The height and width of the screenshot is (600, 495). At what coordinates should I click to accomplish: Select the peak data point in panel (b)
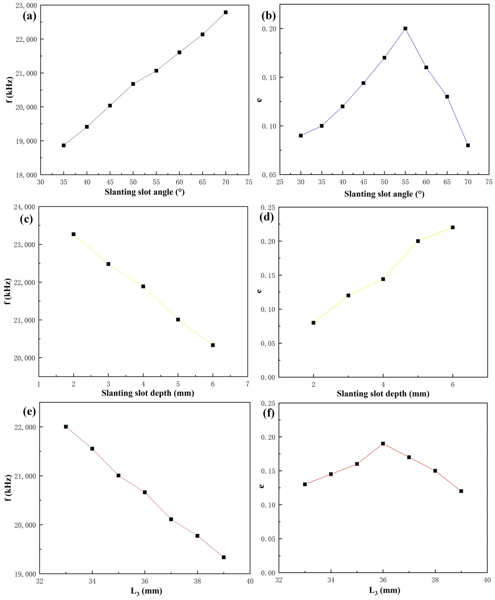coord(405,28)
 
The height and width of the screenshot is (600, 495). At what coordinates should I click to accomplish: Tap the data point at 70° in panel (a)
coord(225,12)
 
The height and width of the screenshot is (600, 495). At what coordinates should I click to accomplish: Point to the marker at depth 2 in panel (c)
coord(74,234)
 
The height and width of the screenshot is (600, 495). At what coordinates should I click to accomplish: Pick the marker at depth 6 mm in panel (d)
coord(452,227)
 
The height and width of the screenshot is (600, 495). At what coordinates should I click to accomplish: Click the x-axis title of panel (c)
coord(148,393)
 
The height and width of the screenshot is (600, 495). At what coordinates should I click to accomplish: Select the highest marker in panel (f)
coord(383,443)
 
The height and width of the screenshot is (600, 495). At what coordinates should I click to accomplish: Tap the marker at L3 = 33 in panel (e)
coord(66,427)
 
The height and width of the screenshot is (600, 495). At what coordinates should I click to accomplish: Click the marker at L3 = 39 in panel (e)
coord(224,557)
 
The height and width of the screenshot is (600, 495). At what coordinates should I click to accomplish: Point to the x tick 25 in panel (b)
coord(280,182)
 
